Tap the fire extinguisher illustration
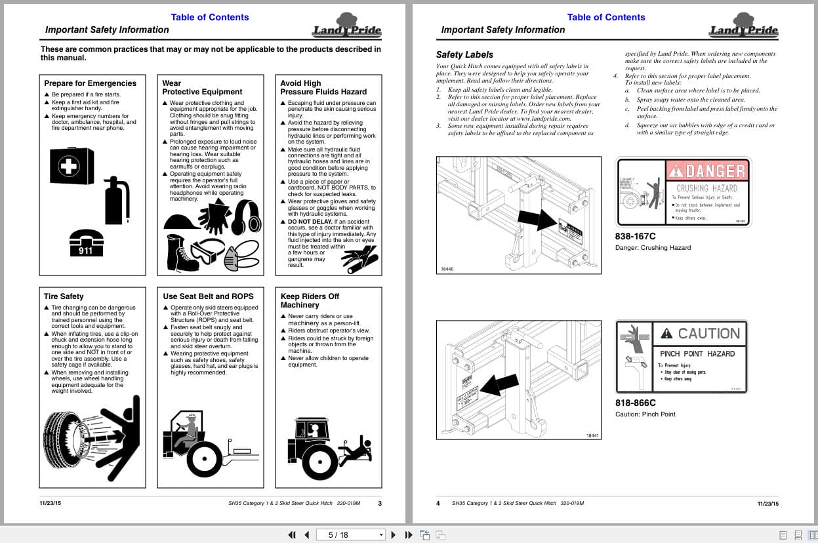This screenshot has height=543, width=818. coord(117,200)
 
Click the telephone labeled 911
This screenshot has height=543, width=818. coord(86,242)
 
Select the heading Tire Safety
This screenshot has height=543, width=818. coord(64,296)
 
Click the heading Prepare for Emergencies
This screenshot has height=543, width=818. coord(90,83)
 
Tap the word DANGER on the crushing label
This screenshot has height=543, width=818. coord(706,171)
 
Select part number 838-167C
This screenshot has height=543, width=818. coord(635,236)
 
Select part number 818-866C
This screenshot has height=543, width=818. coord(635,403)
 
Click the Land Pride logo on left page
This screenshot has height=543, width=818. coord(347,26)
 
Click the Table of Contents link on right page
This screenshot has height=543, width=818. coord(605,17)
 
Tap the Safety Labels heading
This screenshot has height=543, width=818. coord(464,54)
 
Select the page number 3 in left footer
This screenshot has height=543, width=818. coord(380,503)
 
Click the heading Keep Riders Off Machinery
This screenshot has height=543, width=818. coord(310,300)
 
